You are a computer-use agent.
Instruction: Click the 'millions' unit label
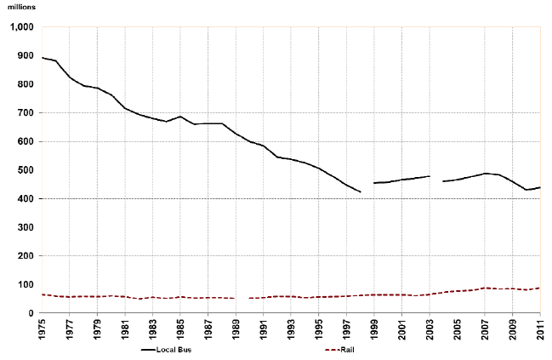pyautogui.click(x=19, y=8)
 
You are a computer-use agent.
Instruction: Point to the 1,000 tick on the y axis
pyautogui.click(x=20, y=27)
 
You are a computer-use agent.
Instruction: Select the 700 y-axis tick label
pyautogui.click(x=23, y=113)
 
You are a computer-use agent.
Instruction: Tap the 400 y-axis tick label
pyautogui.click(x=23, y=199)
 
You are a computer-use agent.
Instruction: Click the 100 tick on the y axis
pyautogui.click(x=23, y=285)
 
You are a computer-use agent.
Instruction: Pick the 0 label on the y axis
pyautogui.click(x=30, y=313)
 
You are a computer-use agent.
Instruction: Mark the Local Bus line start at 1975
pyautogui.click(x=42, y=57)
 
